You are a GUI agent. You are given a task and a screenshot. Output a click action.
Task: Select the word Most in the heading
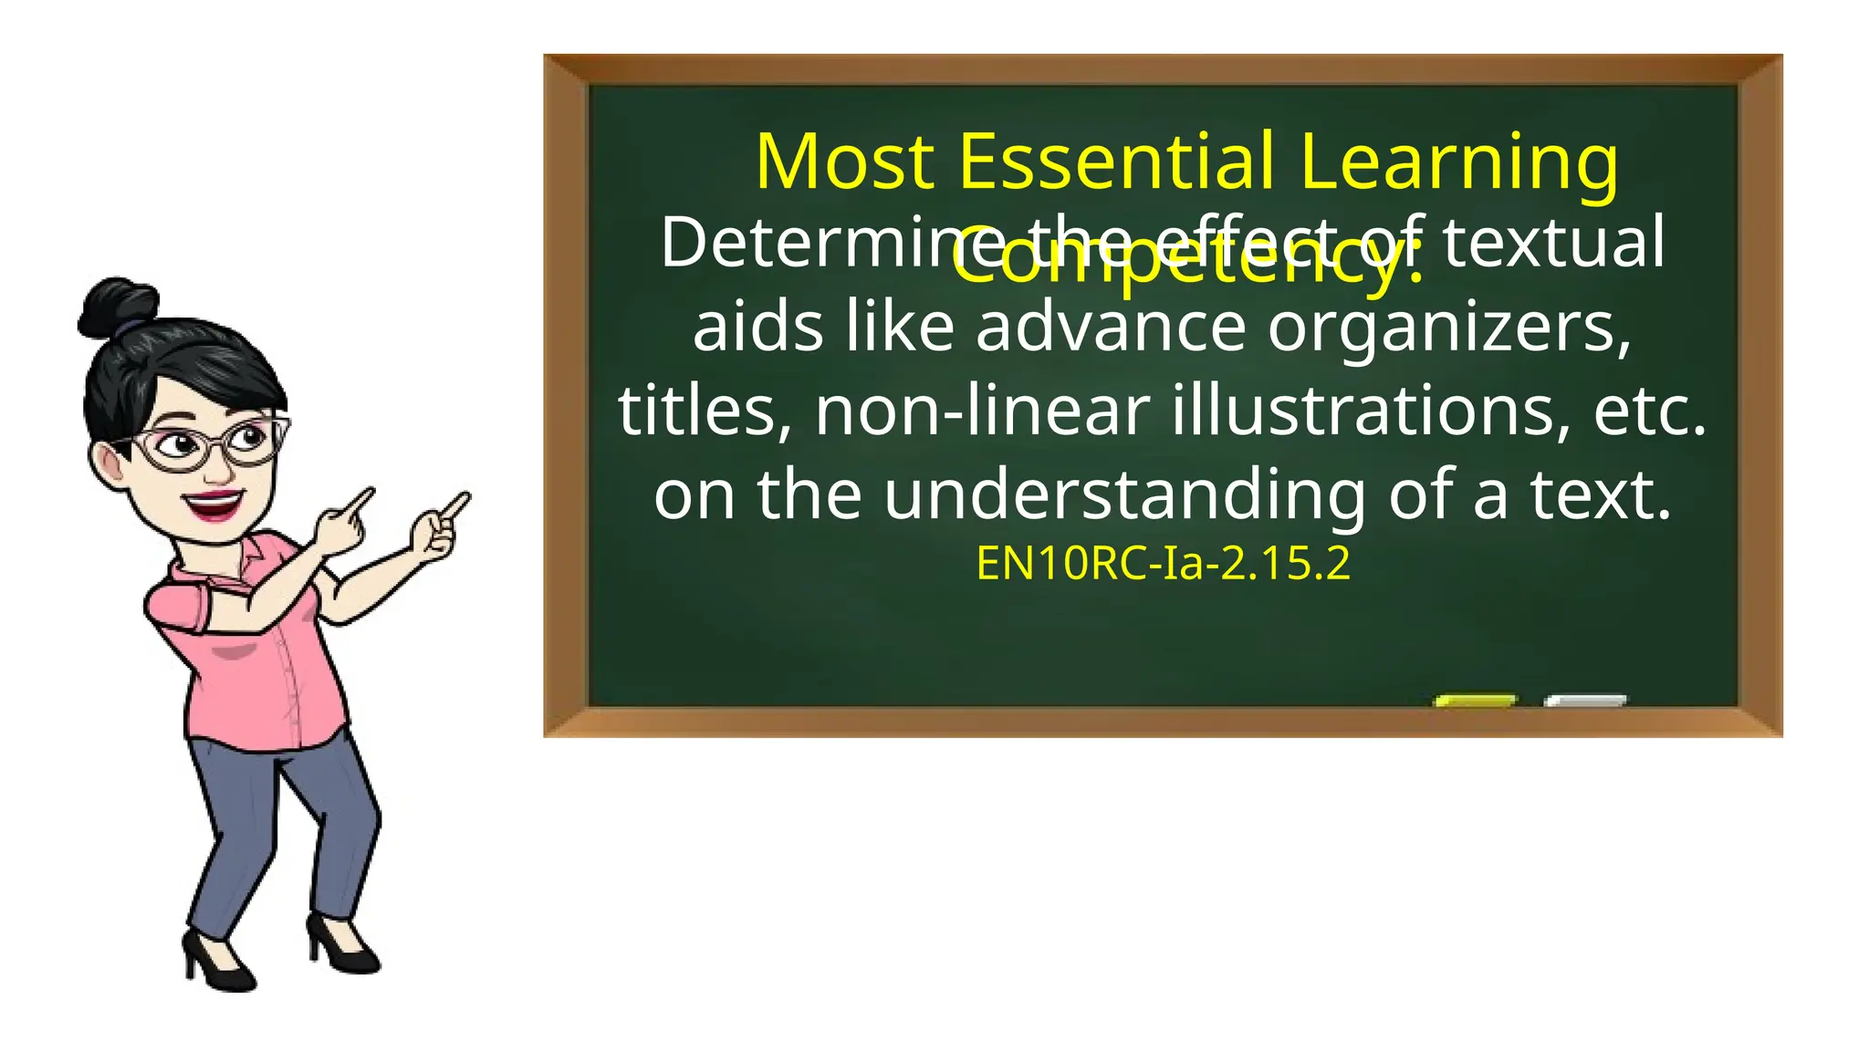[x=845, y=161]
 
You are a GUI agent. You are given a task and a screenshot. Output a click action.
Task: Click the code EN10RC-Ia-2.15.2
[x=1163, y=563]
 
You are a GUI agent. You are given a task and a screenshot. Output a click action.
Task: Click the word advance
[x=1111, y=327]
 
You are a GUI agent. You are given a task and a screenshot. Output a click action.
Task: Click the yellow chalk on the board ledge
[x=1475, y=701]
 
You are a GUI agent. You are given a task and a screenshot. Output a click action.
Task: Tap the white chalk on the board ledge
[x=1585, y=701]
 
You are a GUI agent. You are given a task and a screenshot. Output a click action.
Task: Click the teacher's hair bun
[x=117, y=307]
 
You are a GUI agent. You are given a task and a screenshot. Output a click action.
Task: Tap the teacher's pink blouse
[x=256, y=657]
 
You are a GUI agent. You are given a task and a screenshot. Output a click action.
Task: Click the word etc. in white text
[x=1649, y=411]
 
